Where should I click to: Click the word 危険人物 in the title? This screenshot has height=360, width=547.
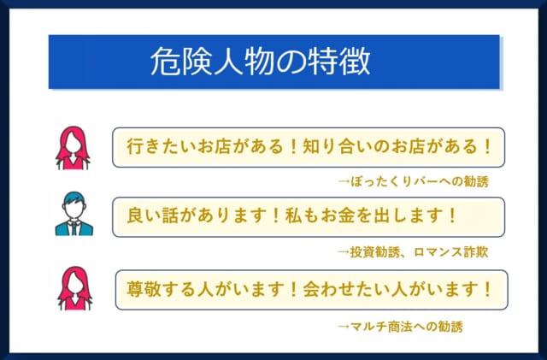coord(197,61)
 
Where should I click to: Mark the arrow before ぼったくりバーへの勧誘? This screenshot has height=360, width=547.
coord(344,181)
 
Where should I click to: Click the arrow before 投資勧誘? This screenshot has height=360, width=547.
coord(344,252)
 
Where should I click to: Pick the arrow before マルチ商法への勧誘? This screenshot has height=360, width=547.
coord(344,327)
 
